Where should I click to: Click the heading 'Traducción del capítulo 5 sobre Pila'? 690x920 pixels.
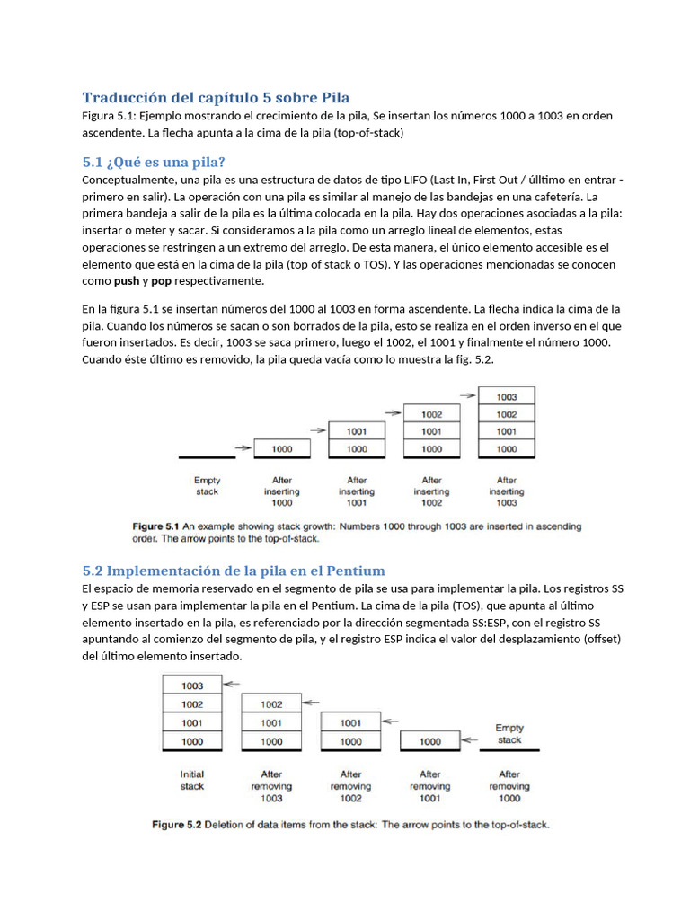point(216,97)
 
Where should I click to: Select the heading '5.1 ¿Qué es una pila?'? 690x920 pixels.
point(153,162)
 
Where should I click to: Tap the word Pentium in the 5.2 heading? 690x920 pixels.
point(353,571)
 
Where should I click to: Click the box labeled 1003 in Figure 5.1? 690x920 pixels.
point(506,396)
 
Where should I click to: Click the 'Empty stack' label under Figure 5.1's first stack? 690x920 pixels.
point(207,486)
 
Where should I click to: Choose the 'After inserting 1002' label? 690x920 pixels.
point(431,492)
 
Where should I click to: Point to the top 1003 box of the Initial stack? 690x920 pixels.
point(191,686)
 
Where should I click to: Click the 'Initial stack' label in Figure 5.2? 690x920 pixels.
point(192,780)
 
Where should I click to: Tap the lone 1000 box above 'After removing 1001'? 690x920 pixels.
point(430,741)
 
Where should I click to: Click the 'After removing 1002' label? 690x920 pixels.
point(350,785)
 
